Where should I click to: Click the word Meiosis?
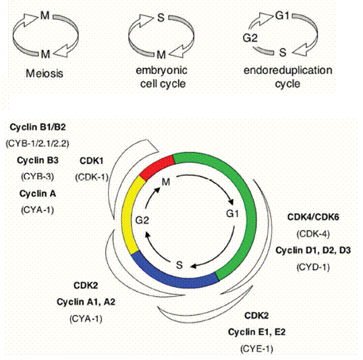tap(45, 73)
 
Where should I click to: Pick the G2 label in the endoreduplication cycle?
tap(250, 38)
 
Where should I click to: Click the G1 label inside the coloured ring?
tap(232, 213)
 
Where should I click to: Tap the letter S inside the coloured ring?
tap(179, 265)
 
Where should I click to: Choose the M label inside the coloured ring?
tap(166, 182)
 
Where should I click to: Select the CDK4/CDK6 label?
tap(313, 217)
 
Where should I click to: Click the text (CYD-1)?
tap(313, 267)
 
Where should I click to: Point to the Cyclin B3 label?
tap(38, 160)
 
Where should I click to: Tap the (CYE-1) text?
tap(256, 349)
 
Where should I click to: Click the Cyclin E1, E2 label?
tap(256, 332)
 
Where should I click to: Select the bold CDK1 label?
tap(92, 161)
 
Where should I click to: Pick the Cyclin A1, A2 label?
tap(86, 302)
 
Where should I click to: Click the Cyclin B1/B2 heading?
tap(38, 127)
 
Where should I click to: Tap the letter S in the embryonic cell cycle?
tap(161, 18)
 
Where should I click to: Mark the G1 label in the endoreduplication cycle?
tap(282, 16)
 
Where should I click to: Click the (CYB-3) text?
tap(38, 177)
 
